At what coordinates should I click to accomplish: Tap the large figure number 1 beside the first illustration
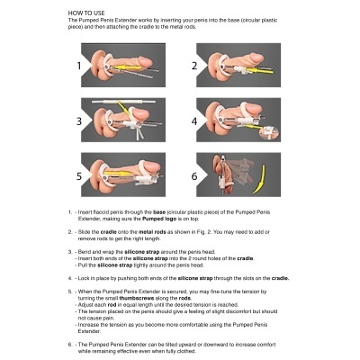[x=79, y=66]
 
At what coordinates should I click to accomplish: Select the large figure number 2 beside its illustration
[x=193, y=66]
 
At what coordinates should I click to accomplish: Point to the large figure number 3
[x=79, y=119]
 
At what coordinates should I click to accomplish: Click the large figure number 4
[x=193, y=119]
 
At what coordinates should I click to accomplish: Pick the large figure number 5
[x=79, y=175]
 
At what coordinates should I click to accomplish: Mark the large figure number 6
[x=193, y=175]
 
